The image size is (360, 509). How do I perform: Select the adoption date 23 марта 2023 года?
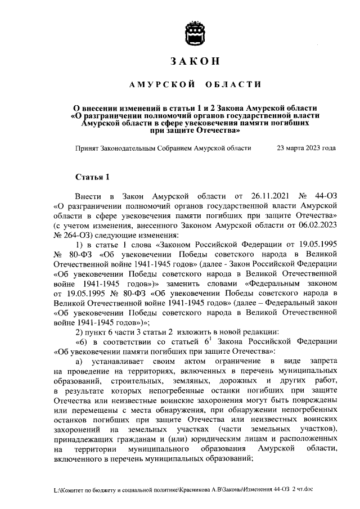click(x=307, y=148)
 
